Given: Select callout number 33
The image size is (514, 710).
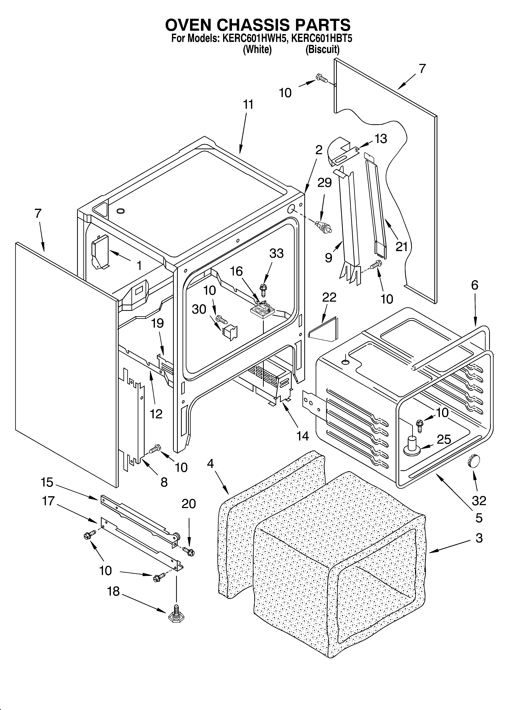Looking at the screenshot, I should click(x=276, y=253).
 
